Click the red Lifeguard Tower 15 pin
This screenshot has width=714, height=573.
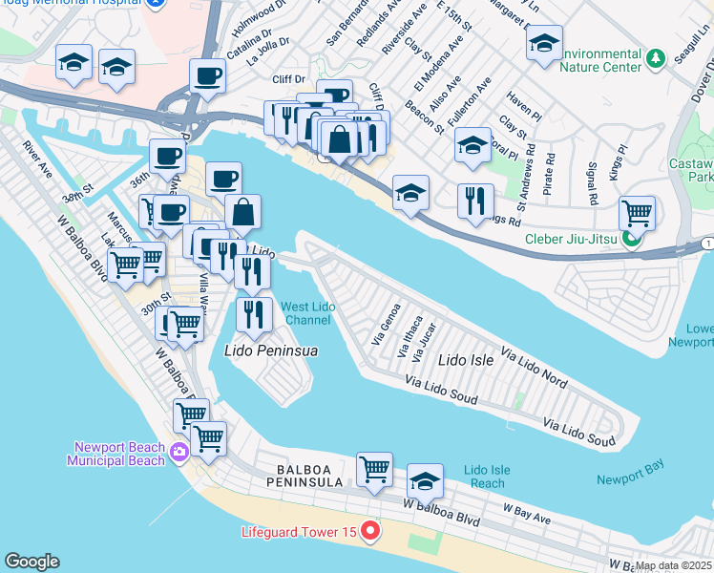[x=368, y=530]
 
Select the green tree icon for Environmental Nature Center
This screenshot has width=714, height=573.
[x=655, y=59]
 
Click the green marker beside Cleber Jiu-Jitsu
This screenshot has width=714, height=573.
[x=628, y=239]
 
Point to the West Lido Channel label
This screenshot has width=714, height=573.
[x=307, y=313]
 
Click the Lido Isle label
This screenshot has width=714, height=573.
[x=465, y=361]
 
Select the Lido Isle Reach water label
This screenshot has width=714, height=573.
[x=487, y=477]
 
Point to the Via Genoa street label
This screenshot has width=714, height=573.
[x=384, y=325]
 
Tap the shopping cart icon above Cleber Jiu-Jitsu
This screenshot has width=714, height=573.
[x=636, y=212]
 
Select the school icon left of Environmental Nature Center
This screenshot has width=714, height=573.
[x=544, y=44]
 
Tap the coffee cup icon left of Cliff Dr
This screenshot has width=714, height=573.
[x=206, y=75]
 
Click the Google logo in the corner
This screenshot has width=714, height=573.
[x=31, y=562]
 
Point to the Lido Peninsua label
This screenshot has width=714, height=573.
[x=270, y=350]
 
